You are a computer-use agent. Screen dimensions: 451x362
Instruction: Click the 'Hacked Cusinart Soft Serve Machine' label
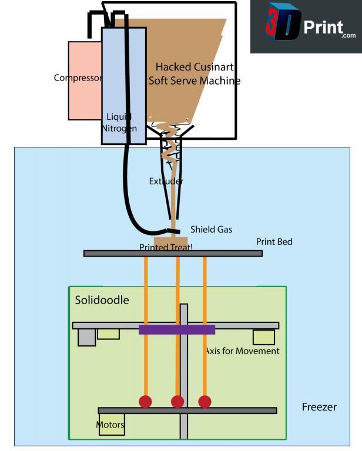[194, 74]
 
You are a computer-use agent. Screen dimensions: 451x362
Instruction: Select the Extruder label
[166, 181]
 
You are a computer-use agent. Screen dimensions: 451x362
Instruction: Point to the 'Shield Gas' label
[211, 230]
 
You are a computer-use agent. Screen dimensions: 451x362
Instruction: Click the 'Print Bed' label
[274, 242]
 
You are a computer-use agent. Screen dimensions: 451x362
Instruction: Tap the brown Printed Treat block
[170, 243]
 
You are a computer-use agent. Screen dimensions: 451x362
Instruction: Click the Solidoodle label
[102, 301]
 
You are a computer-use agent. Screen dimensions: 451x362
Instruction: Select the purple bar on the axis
[176, 329]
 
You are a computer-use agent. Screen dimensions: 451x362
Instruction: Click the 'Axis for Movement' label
[242, 351]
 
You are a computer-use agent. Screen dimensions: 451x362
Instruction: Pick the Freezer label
[319, 407]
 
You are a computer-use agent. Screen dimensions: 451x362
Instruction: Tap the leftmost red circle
[145, 402]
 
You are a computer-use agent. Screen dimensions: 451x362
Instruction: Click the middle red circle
[177, 402]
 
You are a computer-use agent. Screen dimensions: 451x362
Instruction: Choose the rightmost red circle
[205, 402]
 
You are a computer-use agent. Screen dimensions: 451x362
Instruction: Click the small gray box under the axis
[86, 337]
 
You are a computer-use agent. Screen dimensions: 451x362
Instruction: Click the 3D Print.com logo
[306, 27]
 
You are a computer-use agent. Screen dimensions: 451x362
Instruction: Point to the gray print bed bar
[235, 254]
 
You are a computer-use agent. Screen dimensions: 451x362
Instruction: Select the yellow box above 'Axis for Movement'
[263, 337]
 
